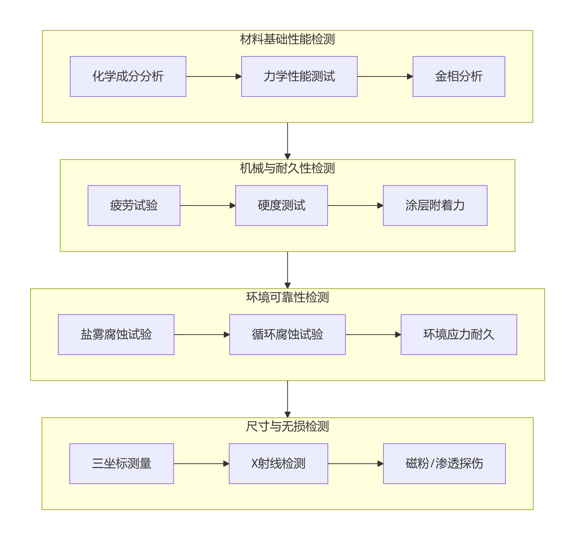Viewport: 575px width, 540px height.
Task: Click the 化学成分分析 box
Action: [x=128, y=76]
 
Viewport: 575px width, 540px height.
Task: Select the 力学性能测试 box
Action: [x=299, y=76]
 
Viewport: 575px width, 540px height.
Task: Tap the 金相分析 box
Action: [x=459, y=76]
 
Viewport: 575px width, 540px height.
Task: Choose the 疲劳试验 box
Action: [x=134, y=205]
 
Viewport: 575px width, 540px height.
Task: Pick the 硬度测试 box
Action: [x=281, y=205]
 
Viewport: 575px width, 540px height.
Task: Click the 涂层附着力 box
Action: [x=435, y=205]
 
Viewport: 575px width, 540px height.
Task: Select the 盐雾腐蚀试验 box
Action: [x=116, y=334]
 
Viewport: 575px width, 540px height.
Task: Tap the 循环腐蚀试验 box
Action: [x=287, y=334]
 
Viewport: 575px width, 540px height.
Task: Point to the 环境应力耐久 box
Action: [x=459, y=334]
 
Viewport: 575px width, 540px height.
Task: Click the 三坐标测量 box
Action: [x=121, y=463]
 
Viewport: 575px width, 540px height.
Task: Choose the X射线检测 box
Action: [x=278, y=463]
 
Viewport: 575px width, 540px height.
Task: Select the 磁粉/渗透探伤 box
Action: [x=444, y=463]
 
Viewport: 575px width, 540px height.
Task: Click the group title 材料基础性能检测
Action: [x=287, y=39]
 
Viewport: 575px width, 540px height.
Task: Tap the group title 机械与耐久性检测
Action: [x=287, y=168]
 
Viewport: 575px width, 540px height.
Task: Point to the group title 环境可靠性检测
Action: [x=287, y=297]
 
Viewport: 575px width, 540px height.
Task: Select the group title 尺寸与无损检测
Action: [x=287, y=426]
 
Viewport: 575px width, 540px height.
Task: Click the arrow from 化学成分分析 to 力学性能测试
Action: [x=213, y=76]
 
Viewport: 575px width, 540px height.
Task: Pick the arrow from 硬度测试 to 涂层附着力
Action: [x=355, y=205]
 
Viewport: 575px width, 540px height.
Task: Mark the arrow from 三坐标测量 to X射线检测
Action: [x=201, y=463]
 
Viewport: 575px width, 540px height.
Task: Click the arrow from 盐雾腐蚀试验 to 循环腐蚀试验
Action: [x=202, y=334]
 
